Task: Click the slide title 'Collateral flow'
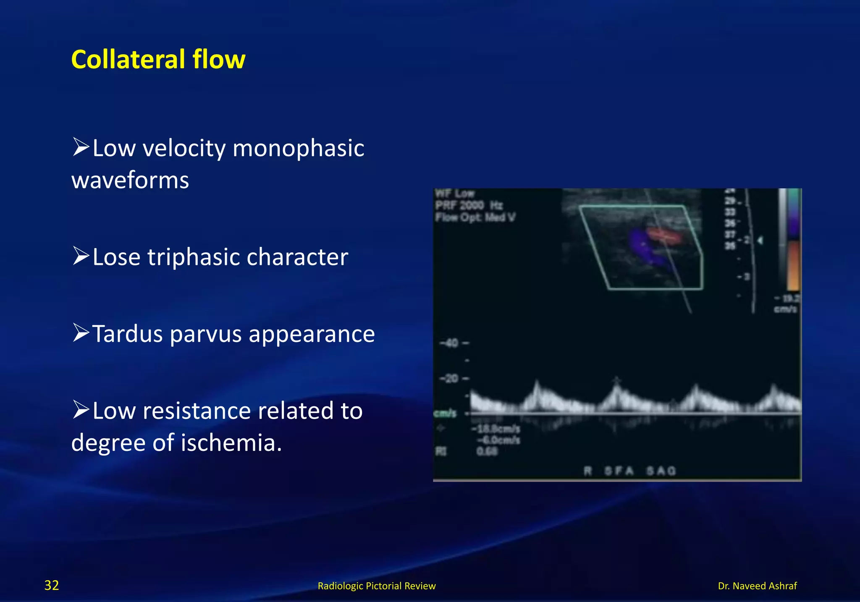click(x=158, y=59)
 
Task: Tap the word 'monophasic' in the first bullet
click(x=298, y=148)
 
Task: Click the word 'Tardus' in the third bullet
click(x=126, y=334)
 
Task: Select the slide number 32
click(x=52, y=585)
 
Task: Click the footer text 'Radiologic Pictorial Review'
click(x=376, y=586)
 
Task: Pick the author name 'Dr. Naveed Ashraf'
click(x=757, y=586)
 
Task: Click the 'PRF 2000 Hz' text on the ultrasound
click(x=469, y=205)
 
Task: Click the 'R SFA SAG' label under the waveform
click(x=629, y=471)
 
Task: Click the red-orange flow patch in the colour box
click(x=663, y=236)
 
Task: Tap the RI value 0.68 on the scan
click(x=487, y=452)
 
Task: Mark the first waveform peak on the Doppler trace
click(x=536, y=384)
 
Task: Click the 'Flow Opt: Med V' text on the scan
click(x=475, y=217)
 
